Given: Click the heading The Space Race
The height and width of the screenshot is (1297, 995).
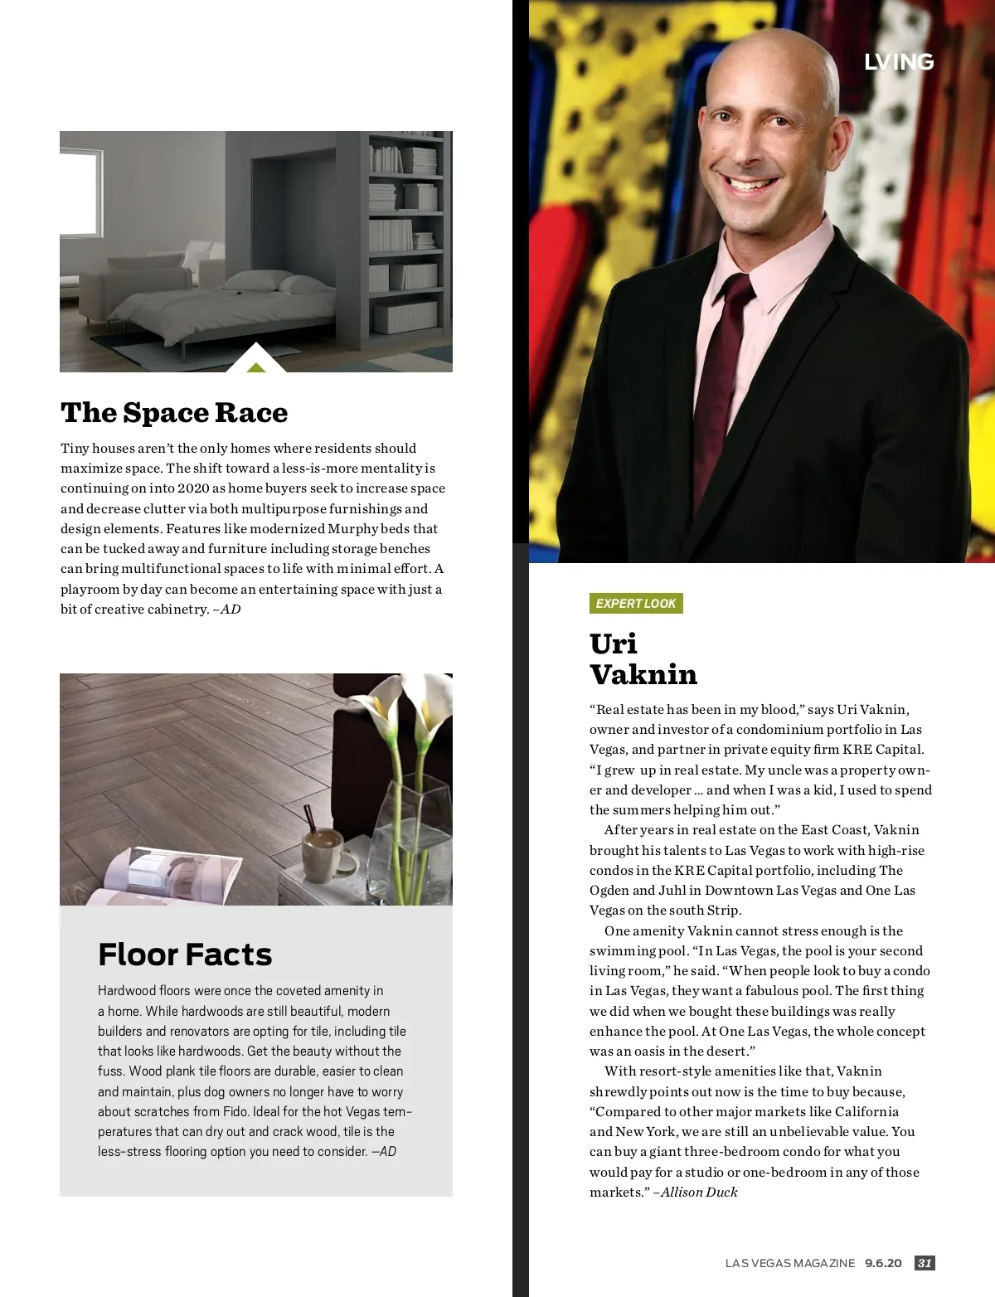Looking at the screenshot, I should point(174,413).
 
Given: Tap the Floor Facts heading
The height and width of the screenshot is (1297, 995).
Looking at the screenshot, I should point(185,955).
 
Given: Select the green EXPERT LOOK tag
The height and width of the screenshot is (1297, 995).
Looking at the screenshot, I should point(636,604).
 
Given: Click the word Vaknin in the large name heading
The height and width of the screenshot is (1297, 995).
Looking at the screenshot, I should point(643,675).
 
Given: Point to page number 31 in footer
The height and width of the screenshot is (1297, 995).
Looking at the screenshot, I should point(925,1263).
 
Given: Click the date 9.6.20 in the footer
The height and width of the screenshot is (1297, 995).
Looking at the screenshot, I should point(883,1263).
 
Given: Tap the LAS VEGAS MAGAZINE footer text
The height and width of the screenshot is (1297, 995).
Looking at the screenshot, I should point(789,1263).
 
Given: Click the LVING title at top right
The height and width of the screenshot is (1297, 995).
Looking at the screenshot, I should point(899,62).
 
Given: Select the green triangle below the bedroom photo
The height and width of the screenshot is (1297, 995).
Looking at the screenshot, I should point(256,367).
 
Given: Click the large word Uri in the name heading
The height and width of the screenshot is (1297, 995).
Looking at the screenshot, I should point(613,644).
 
